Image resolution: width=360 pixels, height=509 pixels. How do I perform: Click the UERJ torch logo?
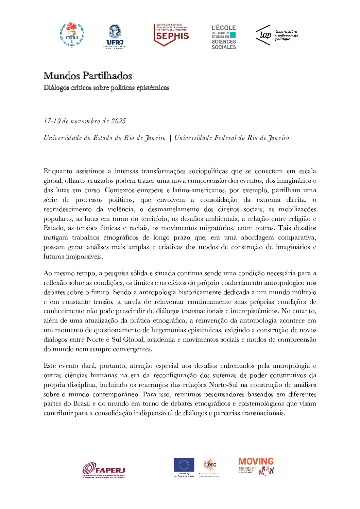pyautogui.click(x=72, y=35)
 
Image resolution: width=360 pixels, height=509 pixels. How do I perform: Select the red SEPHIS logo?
pyautogui.click(x=171, y=35)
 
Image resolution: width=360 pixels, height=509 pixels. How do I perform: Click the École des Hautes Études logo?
pyautogui.click(x=224, y=37)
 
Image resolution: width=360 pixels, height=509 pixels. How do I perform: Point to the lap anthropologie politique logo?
pyautogui.click(x=277, y=35)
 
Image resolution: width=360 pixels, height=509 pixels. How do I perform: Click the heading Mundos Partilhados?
pyautogui.click(x=87, y=76)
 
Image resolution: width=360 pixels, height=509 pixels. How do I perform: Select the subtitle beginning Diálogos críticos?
pyautogui.click(x=106, y=88)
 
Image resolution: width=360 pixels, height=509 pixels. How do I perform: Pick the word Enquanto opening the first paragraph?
pyautogui.click(x=58, y=171)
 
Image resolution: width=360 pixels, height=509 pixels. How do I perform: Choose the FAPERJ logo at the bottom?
pyautogui.click(x=104, y=470)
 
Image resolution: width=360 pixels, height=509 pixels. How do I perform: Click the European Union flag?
pyautogui.click(x=184, y=465)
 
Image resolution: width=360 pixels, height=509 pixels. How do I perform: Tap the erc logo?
pyautogui.click(x=209, y=465)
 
